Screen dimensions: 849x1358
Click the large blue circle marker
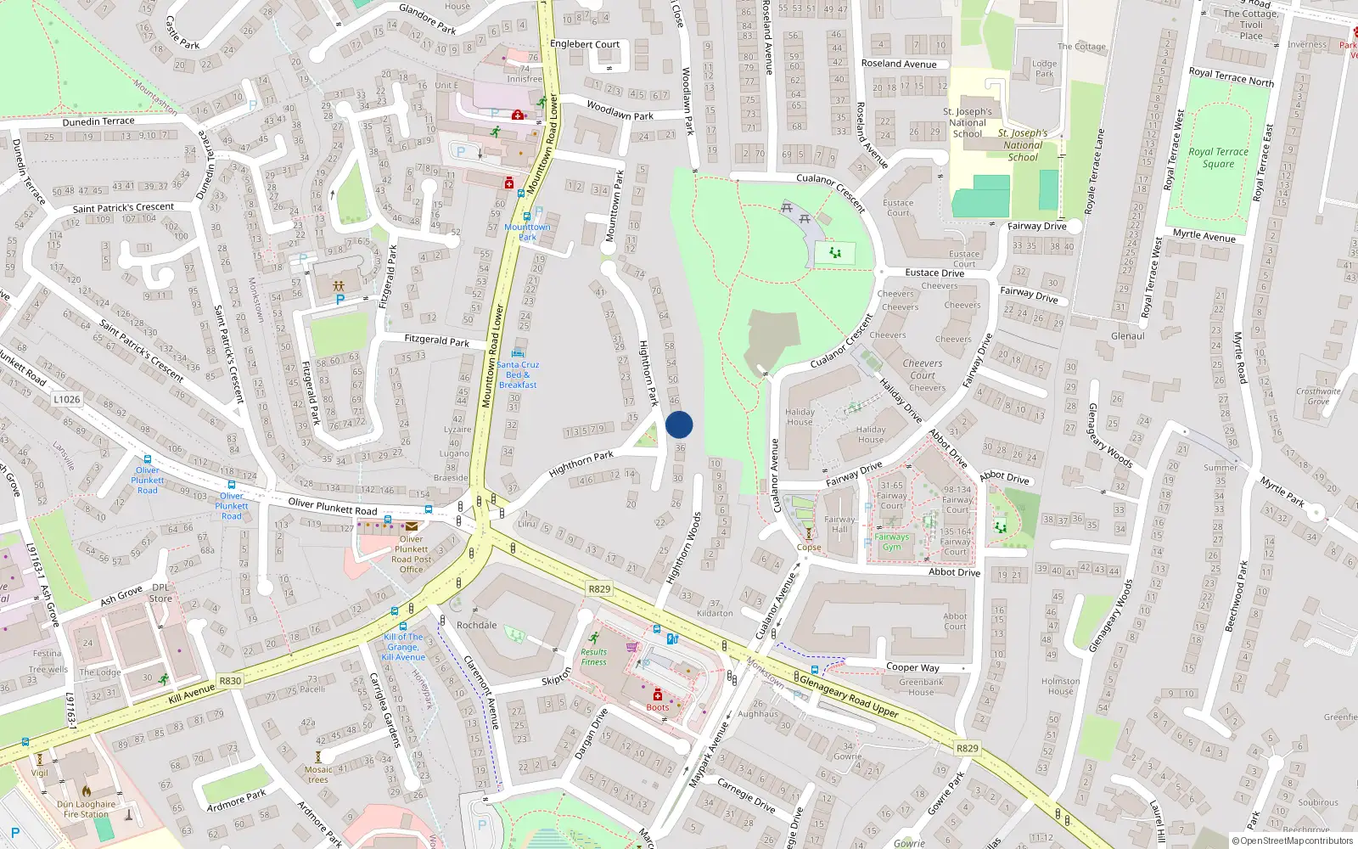(679, 424)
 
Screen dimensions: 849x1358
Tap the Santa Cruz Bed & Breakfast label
(518, 374)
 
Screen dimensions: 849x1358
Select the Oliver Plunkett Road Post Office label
(412, 554)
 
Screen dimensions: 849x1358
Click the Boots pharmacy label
(658, 707)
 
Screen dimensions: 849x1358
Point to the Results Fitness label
(594, 657)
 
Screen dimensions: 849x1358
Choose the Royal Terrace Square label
(1218, 158)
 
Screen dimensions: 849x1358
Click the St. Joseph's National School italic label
(1023, 145)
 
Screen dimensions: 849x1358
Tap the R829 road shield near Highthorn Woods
(599, 588)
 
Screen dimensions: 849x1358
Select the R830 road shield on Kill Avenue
(230, 681)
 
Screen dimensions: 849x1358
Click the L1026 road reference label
(66, 399)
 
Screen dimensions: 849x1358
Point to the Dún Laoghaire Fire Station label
(87, 809)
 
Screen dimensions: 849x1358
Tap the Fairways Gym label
(891, 542)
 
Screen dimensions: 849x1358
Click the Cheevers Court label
(923, 369)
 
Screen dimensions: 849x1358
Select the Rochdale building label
(477, 625)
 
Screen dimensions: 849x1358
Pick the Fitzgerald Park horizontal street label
(436, 340)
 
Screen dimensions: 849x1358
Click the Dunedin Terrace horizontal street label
(98, 121)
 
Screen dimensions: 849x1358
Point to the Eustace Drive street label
(934, 273)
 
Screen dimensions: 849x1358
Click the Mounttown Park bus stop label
(527, 232)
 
